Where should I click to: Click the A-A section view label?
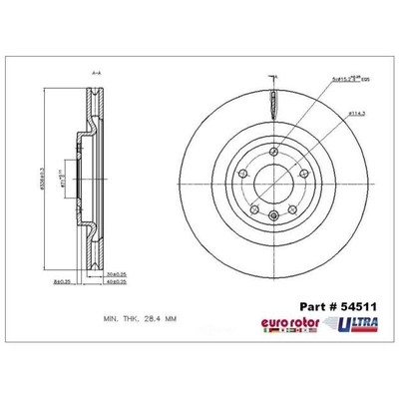coord(96,73)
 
